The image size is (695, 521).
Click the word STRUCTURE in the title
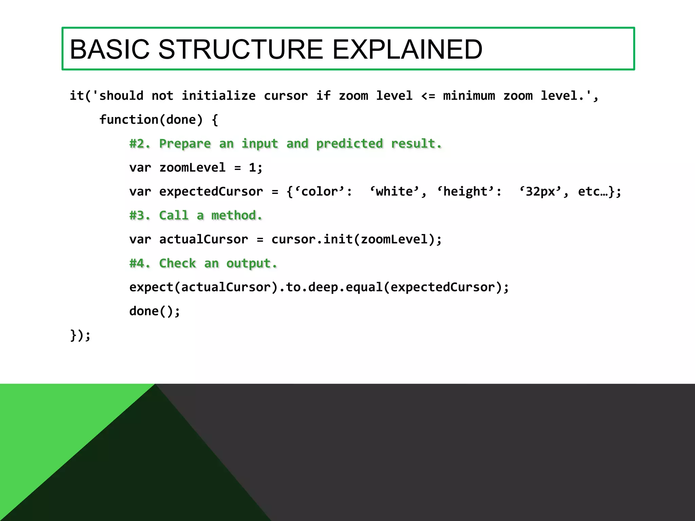tap(240, 50)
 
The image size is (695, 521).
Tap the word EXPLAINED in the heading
tap(407, 50)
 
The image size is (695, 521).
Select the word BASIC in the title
tap(109, 50)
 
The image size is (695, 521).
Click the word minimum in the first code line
tap(469, 96)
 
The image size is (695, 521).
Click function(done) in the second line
tap(151, 120)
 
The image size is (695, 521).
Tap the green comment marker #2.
tap(139, 144)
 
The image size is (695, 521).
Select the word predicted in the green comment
tap(349, 144)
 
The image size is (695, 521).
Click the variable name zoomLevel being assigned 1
tap(192, 168)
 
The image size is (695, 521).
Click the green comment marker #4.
tap(139, 264)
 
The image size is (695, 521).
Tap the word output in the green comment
tap(251, 264)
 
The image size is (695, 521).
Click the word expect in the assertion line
tap(151, 287)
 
